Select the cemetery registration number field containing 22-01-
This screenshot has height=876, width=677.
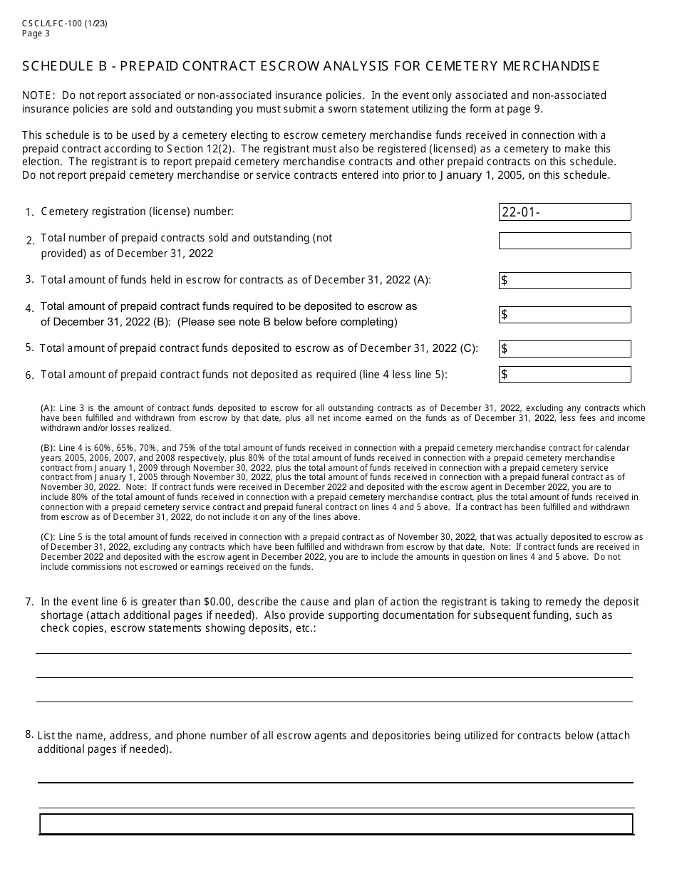tap(564, 212)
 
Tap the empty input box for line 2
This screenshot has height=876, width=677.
tap(564, 241)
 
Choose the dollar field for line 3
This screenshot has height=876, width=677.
tap(564, 281)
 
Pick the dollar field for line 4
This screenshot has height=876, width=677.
tap(564, 315)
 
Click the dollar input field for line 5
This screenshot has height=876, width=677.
tap(564, 349)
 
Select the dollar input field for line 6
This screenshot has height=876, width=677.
tap(564, 375)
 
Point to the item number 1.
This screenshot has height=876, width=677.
tap(29, 212)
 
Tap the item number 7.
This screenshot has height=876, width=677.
tap(29, 602)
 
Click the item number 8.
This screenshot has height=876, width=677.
tap(29, 734)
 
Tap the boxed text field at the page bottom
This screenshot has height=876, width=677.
tap(336, 824)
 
